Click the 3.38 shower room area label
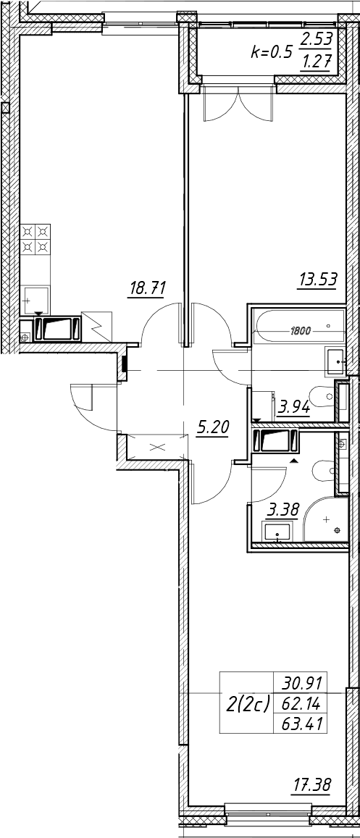(x=283, y=511)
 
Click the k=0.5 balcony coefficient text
(x=272, y=52)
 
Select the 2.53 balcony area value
(x=317, y=38)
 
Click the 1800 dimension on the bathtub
(x=302, y=331)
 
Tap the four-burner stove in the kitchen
(x=35, y=239)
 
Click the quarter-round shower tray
(x=326, y=519)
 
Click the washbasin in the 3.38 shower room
(x=277, y=532)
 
